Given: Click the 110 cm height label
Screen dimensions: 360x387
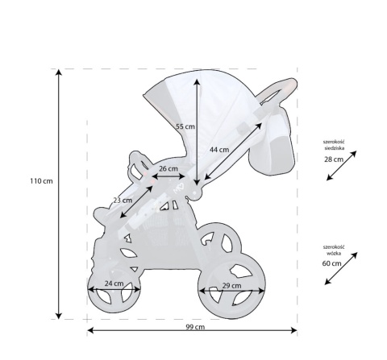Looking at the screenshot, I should click(x=40, y=180).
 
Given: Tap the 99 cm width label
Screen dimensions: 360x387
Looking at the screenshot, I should click(x=194, y=327).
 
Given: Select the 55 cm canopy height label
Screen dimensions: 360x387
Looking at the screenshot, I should click(x=185, y=126).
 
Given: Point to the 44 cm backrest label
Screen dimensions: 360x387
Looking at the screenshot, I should click(x=218, y=150).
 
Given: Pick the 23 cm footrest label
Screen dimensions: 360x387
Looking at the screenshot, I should click(x=123, y=200).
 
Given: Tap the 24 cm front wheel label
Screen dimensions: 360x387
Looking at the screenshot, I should click(x=114, y=283).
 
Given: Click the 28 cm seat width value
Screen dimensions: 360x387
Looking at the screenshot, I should click(x=333, y=160).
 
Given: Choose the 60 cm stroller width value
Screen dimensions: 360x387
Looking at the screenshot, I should click(x=331, y=263).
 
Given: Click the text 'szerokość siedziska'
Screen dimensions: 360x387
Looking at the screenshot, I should click(x=335, y=144).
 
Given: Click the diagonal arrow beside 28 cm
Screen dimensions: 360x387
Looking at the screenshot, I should click(x=342, y=164).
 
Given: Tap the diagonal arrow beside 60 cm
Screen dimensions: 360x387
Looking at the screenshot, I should click(x=341, y=267).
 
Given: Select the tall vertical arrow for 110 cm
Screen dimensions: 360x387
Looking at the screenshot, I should click(x=59, y=193).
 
